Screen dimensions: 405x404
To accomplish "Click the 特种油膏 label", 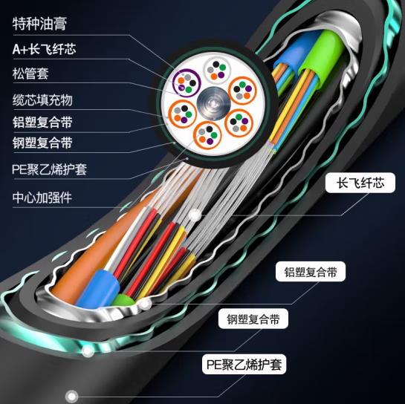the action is pyautogui.click(x=39, y=24).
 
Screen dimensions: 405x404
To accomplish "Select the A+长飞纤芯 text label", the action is pyautogui.click(x=44, y=49).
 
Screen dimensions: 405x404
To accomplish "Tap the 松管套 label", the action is pyautogui.click(x=30, y=74).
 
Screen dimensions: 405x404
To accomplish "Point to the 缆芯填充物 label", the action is pyautogui.click(x=42, y=100).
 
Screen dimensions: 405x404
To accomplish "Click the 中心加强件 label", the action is pyautogui.click(x=42, y=198).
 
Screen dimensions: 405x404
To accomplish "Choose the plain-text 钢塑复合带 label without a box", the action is pyautogui.click(x=42, y=143).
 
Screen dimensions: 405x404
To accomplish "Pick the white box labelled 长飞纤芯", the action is pyautogui.click(x=360, y=183).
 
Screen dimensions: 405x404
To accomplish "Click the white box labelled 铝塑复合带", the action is pyautogui.click(x=311, y=272).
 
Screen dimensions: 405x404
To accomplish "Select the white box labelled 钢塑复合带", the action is pyautogui.click(x=253, y=319).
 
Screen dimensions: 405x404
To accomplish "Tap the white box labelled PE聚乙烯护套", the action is pyautogui.click(x=244, y=364).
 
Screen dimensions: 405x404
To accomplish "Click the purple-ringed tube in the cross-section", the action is pyautogui.click(x=187, y=83).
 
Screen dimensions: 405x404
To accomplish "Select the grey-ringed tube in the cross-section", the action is pyautogui.click(x=217, y=69).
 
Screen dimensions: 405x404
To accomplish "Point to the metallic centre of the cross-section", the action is pyautogui.click(x=213, y=103).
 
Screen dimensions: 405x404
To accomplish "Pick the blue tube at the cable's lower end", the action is pyautogui.click(x=98, y=289).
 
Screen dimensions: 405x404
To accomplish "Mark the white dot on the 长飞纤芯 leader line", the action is pyautogui.click(x=195, y=215).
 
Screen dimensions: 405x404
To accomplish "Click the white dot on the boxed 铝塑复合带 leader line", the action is pyautogui.click(x=145, y=304).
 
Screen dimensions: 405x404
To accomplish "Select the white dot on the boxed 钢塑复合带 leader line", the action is pyautogui.click(x=88, y=351).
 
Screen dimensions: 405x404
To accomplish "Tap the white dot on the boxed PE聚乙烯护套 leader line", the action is pyautogui.click(x=71, y=397).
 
